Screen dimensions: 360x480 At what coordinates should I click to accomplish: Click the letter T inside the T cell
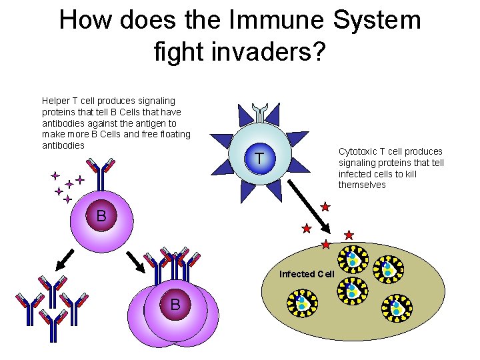coord(259,159)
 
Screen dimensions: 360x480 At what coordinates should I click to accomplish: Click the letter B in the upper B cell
coord(101,216)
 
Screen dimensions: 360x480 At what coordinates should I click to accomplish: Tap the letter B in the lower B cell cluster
coord(175,305)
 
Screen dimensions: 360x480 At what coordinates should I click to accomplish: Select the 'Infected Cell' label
coord(307,274)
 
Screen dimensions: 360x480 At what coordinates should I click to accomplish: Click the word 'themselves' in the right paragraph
coord(362,185)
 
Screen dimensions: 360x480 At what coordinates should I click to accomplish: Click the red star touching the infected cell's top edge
coord(325,245)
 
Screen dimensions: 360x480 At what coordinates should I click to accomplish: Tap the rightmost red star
coord(349,235)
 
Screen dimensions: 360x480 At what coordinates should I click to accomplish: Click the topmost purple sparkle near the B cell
coord(55,176)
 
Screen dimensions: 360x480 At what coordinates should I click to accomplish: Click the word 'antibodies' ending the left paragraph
coord(63,145)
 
